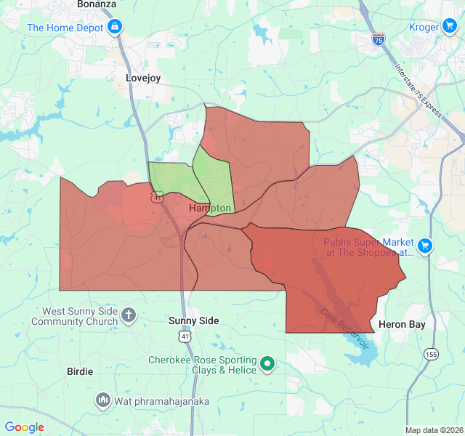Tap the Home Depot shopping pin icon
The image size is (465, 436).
pyautogui.click(x=115, y=28)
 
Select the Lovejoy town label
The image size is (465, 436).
pyautogui.click(x=142, y=77)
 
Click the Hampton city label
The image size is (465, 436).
pyautogui.click(x=210, y=209)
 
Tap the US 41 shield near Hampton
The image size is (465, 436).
pyautogui.click(x=157, y=197)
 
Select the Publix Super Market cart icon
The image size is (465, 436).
pyautogui.click(x=425, y=246)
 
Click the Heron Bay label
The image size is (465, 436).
pyautogui.click(x=402, y=324)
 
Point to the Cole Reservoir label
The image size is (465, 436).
pyautogui.click(x=345, y=328)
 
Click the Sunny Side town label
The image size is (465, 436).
pyautogui.click(x=193, y=320)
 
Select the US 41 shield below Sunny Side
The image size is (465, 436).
pyautogui.click(x=185, y=336)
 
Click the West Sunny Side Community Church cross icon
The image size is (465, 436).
pyautogui.click(x=129, y=315)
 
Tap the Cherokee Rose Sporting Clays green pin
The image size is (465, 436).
pyautogui.click(x=267, y=364)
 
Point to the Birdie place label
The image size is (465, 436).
pyautogui.click(x=80, y=371)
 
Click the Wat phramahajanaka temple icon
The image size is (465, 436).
pyautogui.click(x=102, y=400)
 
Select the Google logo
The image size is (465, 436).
pyautogui.click(x=24, y=427)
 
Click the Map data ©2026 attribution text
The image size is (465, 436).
pyautogui.click(x=433, y=430)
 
